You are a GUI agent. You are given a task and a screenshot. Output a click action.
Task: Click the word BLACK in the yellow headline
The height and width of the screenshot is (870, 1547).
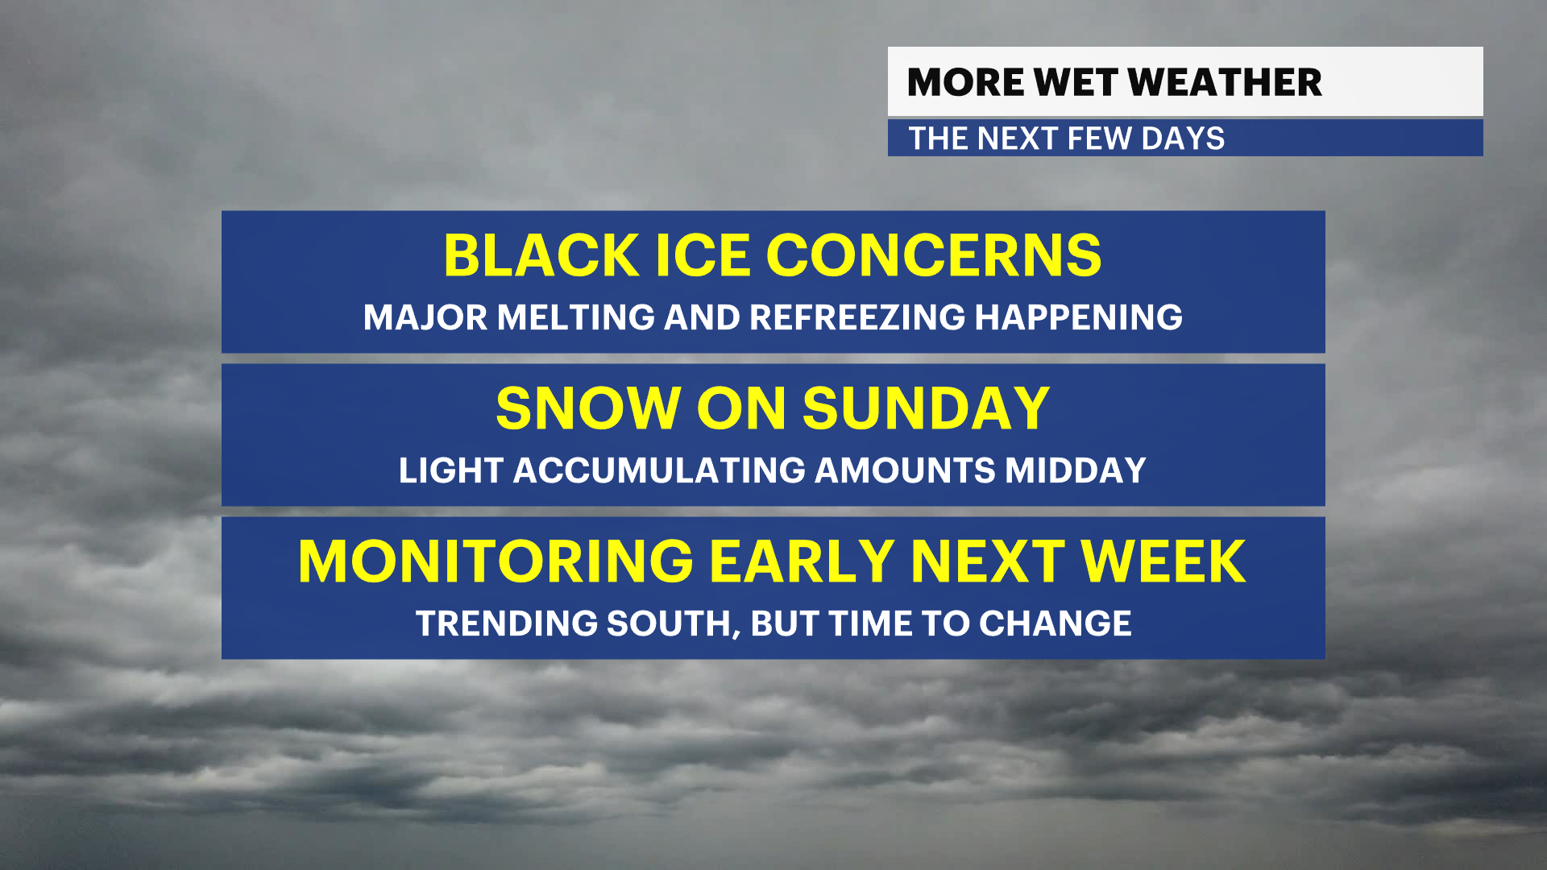[541, 255]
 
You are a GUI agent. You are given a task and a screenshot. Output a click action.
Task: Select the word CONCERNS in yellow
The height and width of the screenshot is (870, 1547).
[934, 255]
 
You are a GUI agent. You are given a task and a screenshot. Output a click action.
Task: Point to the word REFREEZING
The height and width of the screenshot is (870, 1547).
[857, 317]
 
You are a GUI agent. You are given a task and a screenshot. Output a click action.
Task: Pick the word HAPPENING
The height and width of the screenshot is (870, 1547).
[1079, 317]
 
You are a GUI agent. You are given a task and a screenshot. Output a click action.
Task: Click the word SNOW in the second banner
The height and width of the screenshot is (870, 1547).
[588, 408]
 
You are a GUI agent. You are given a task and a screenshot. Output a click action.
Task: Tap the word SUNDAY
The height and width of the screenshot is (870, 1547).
[926, 408]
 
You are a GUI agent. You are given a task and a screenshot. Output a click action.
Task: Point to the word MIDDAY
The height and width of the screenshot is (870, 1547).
[1076, 470]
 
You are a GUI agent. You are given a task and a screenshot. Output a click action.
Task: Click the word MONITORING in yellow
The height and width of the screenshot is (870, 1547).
[496, 561]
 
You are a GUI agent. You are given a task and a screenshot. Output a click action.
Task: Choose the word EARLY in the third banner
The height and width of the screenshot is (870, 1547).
[802, 561]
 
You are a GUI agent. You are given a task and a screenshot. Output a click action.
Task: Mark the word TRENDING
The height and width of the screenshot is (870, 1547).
[507, 623]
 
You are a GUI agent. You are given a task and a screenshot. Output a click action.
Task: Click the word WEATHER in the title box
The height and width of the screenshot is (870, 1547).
[1225, 82]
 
